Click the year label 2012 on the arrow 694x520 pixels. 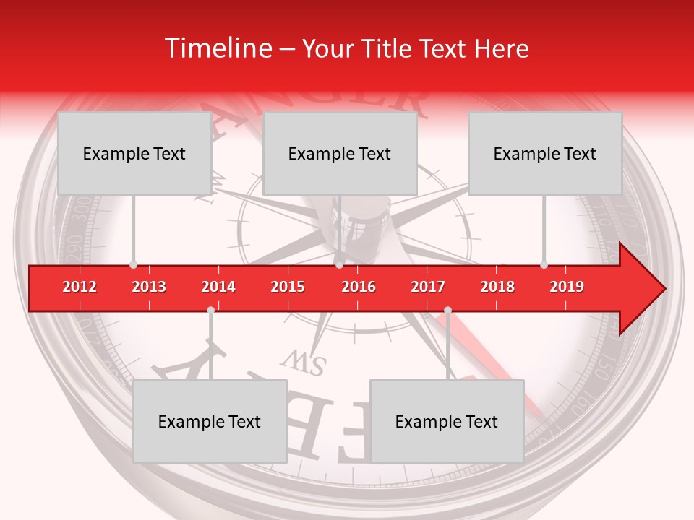(80, 287)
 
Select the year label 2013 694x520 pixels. (149, 287)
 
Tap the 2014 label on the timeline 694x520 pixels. (218, 287)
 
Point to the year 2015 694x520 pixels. (288, 287)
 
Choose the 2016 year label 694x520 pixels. (359, 287)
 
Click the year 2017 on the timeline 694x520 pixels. (428, 287)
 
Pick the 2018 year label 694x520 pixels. (497, 287)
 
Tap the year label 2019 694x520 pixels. (567, 287)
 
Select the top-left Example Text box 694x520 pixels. (134, 153)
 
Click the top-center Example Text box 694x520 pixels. (340, 153)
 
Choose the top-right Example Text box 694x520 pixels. (545, 153)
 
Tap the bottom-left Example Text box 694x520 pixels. (210, 421)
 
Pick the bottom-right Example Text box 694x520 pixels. (447, 421)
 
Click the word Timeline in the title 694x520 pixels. (217, 48)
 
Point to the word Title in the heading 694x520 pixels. (385, 49)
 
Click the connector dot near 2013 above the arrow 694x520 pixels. (134, 265)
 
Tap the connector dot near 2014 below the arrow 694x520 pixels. (210, 310)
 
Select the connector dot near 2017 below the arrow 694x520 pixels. (447, 310)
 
